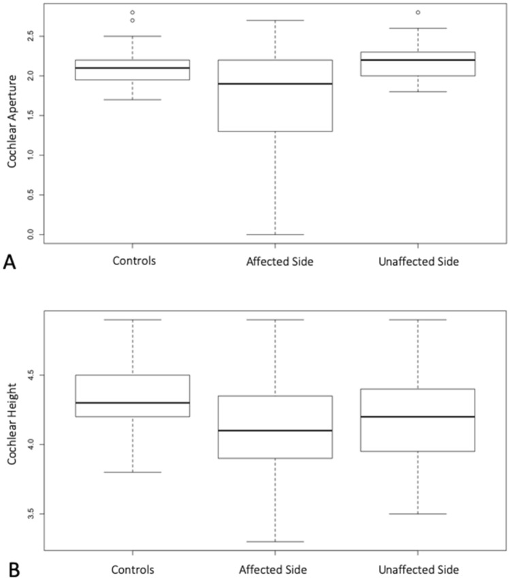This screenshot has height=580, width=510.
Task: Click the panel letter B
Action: (9, 568)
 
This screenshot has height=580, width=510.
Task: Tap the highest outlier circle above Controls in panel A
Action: (132, 12)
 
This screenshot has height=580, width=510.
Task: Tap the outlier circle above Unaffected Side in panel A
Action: (417, 12)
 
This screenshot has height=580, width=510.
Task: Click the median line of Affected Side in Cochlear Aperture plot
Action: (275, 84)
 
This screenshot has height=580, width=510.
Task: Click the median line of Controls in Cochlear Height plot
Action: (132, 403)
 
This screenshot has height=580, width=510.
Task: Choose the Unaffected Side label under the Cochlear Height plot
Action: (417, 569)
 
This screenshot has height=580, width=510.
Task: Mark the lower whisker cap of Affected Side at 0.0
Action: (275, 234)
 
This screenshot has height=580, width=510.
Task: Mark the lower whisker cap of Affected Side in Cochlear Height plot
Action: (275, 542)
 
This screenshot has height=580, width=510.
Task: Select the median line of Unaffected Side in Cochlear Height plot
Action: (417, 416)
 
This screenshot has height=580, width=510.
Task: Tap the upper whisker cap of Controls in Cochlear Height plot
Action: (132, 319)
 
